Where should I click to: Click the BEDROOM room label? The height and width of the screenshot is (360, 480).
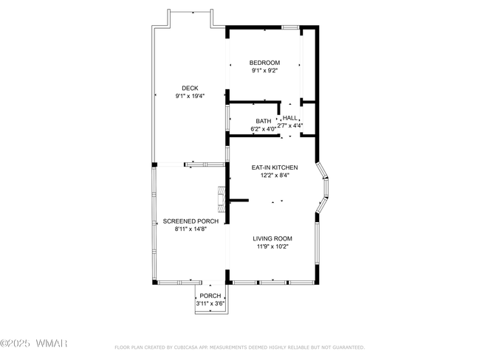(x=264, y=63)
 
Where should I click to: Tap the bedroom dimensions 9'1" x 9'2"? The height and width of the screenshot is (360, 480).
(x=264, y=71)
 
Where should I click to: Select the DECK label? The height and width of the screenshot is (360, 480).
(x=190, y=88)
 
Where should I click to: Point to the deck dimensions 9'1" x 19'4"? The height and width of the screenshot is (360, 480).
(x=190, y=96)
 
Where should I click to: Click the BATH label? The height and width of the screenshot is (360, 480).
(x=264, y=121)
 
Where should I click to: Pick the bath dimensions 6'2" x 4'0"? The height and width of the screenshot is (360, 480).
(x=264, y=129)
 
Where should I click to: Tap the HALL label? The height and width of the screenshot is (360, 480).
(x=289, y=118)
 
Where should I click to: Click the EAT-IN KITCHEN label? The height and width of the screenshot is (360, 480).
(x=275, y=167)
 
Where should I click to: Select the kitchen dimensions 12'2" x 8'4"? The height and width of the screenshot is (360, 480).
(x=275, y=176)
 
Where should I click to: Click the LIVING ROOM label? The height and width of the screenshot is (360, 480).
(x=272, y=238)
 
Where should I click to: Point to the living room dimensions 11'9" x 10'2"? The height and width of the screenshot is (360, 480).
(x=272, y=246)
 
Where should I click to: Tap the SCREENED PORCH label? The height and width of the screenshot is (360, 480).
(x=191, y=221)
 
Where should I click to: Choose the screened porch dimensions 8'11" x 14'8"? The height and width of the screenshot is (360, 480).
(x=191, y=229)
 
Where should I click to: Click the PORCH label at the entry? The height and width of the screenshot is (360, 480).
(x=210, y=296)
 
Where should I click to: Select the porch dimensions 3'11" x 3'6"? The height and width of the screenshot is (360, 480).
(x=210, y=304)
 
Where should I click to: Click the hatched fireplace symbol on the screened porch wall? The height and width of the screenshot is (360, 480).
(x=222, y=199)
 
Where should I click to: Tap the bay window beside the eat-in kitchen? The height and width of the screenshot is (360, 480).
(x=322, y=187)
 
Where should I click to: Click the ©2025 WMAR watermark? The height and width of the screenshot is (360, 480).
(x=34, y=343)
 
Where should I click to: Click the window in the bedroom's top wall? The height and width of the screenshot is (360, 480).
(x=290, y=27)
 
